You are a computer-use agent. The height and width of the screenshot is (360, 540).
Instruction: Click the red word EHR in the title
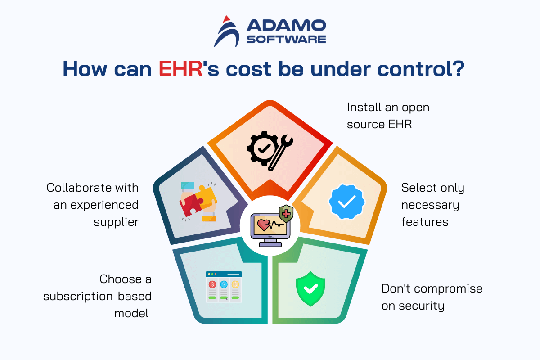tap(180, 69)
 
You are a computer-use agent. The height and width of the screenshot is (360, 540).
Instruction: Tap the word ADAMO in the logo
tap(286, 25)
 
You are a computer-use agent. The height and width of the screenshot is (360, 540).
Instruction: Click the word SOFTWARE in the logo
tap(286, 39)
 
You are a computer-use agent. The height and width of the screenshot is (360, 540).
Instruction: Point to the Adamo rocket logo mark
tap(226, 31)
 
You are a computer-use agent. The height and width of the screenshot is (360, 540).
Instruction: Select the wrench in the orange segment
tap(281, 153)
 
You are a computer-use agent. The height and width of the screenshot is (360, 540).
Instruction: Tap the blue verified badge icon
tap(346, 202)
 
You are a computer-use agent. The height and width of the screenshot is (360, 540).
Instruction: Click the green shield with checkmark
tap(310, 289)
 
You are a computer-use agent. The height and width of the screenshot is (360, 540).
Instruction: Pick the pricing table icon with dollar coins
tap(224, 287)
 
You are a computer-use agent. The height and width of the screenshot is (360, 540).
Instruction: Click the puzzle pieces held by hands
tap(198, 202)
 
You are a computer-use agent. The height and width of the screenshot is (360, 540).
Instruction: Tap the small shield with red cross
tap(286, 213)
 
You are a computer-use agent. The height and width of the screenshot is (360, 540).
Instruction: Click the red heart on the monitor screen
tap(264, 225)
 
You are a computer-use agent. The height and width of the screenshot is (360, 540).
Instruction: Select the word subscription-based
tap(97, 297)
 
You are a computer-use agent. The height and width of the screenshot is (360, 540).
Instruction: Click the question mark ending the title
tap(458, 69)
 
